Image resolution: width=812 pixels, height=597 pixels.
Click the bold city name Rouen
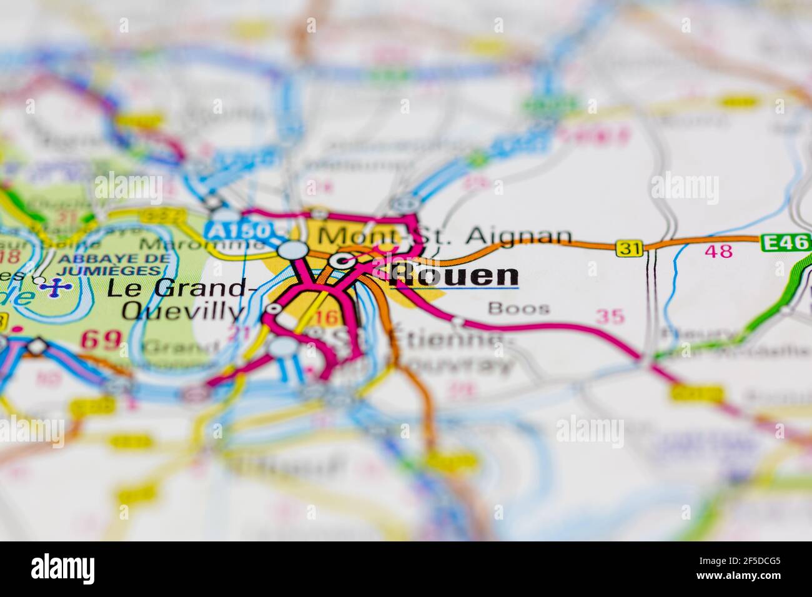click(x=453, y=277)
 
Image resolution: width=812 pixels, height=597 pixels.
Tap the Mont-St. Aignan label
click(x=444, y=235)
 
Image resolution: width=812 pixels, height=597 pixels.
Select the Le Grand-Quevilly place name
click(x=177, y=299)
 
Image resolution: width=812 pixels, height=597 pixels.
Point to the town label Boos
click(x=519, y=308)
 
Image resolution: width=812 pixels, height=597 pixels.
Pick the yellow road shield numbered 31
click(x=628, y=248)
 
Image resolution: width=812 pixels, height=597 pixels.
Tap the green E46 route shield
click(x=785, y=242)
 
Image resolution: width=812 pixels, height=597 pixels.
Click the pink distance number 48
click(x=718, y=252)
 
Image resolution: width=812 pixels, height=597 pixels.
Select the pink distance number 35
click(x=610, y=317)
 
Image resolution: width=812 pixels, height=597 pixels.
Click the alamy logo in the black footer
click(x=62, y=569)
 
